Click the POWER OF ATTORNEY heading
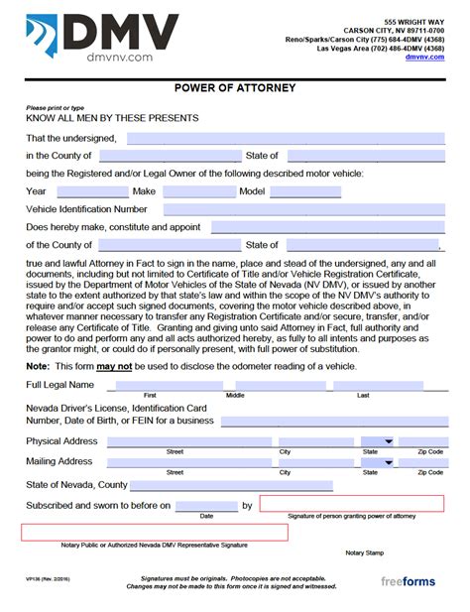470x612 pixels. point(234,86)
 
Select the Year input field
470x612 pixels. point(92,191)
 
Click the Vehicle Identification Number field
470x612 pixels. point(302,210)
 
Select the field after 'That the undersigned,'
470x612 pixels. point(284,138)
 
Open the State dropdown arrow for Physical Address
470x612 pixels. point(389,441)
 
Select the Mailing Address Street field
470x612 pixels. point(175,462)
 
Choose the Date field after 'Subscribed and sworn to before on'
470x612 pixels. point(206,506)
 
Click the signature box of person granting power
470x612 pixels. point(351,504)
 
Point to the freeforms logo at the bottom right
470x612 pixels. point(410,582)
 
